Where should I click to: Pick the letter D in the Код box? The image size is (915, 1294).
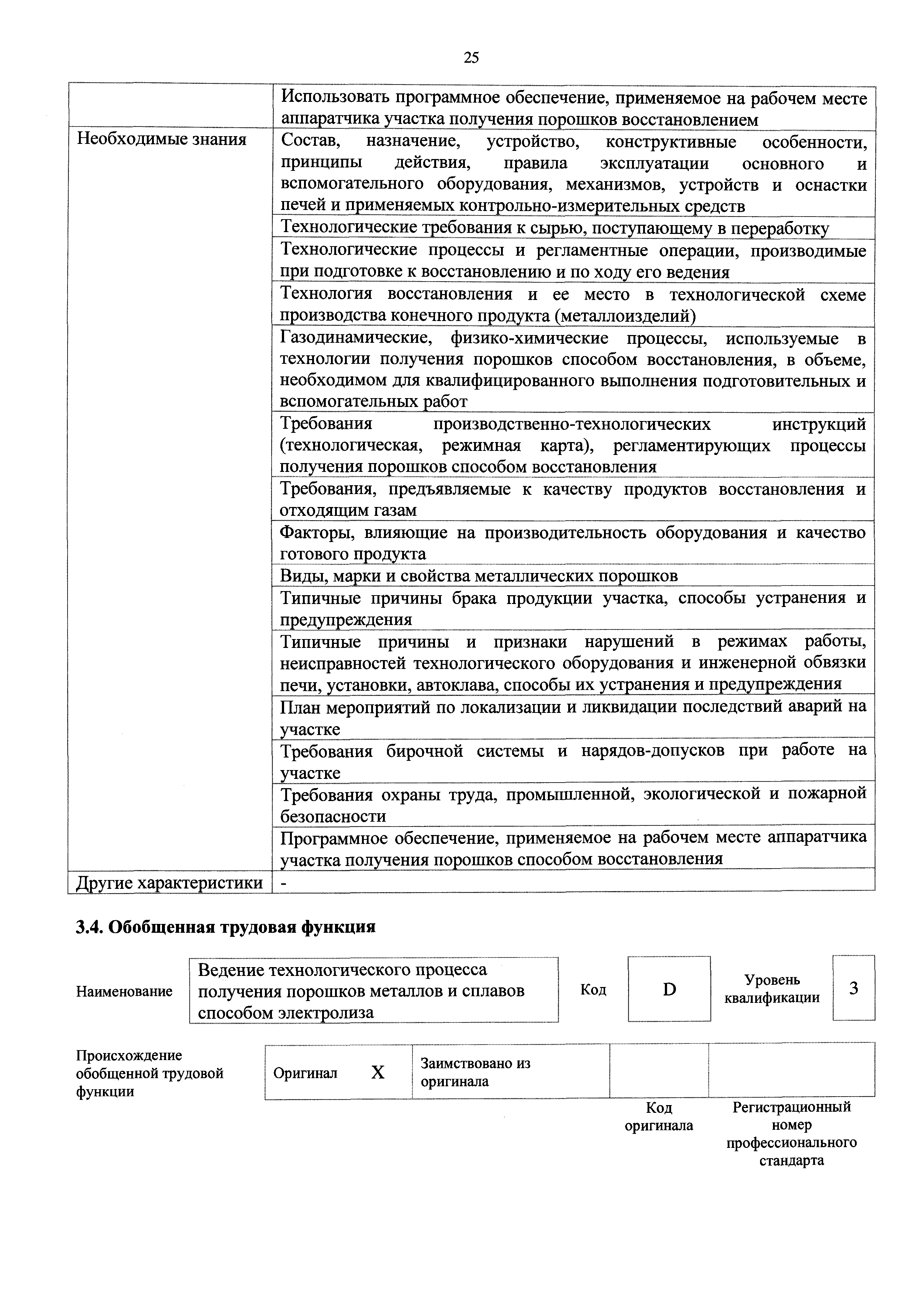669,989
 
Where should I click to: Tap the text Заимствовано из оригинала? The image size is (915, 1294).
476,1072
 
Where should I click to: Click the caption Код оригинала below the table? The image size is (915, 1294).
659,1117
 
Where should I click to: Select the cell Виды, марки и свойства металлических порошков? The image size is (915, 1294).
479,576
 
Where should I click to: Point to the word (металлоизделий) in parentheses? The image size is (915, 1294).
626,316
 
